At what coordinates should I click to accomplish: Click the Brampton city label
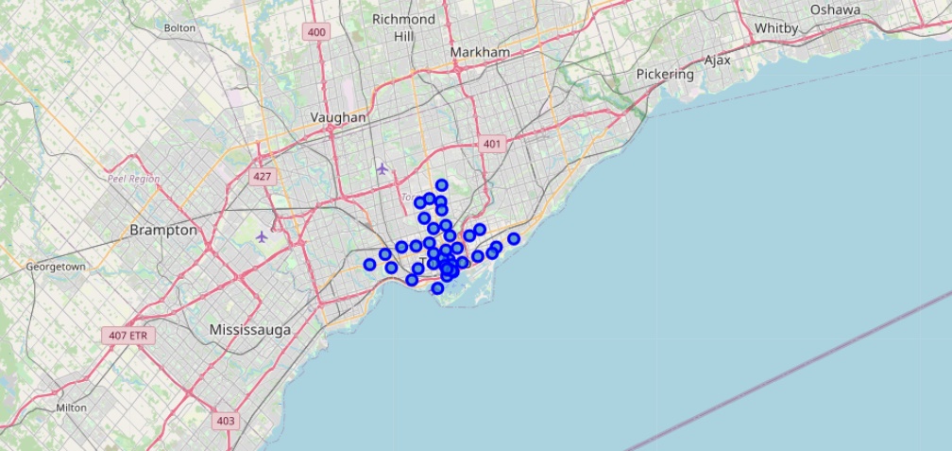tap(163, 230)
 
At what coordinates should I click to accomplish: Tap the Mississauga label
tap(250, 330)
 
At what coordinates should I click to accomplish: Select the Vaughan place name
tap(338, 117)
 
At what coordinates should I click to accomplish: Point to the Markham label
tap(480, 51)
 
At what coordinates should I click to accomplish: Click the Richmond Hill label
tap(403, 27)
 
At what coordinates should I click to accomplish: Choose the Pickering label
tap(664, 74)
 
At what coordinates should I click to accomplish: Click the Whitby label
tap(776, 28)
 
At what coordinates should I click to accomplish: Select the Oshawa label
tap(835, 9)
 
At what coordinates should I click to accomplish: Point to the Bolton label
tap(179, 28)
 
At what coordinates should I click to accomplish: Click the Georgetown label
tap(56, 267)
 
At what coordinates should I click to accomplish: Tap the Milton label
tap(72, 408)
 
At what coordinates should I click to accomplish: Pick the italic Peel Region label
tap(133, 178)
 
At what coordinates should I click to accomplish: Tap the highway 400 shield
tap(316, 33)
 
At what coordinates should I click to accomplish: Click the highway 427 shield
tap(263, 176)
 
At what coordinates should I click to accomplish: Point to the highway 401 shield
tap(491, 144)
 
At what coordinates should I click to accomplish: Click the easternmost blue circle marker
tap(514, 239)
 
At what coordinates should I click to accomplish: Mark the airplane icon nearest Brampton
tap(262, 236)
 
